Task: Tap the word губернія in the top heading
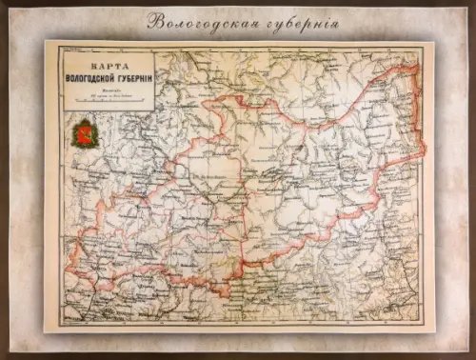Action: [x=293, y=20]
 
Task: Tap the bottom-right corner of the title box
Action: [x=154, y=110]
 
